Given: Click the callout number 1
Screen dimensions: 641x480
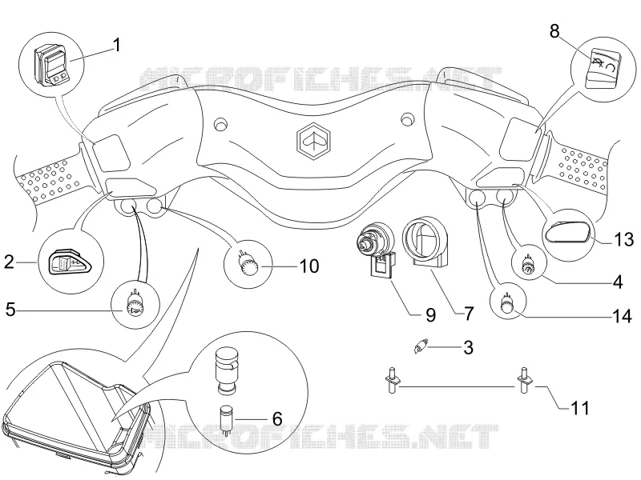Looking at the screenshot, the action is (116, 45).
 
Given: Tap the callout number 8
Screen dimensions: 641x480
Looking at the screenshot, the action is (554, 31).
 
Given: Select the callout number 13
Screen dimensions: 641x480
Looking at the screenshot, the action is (624, 239).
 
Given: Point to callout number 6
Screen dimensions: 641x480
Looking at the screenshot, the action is (277, 418).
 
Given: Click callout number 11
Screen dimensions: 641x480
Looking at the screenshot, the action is (579, 408).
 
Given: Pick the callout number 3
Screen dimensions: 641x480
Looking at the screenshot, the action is (469, 347).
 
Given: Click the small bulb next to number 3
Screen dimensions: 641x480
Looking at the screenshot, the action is (420, 347).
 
